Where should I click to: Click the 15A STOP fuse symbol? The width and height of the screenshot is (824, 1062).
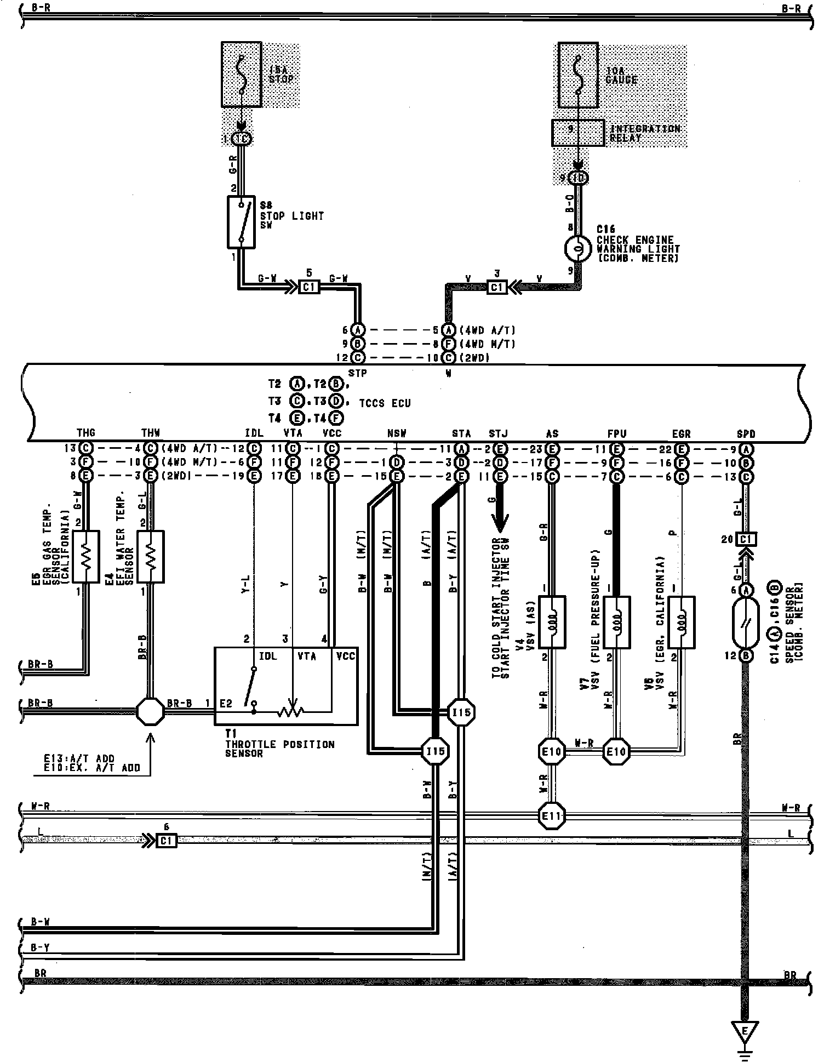242,74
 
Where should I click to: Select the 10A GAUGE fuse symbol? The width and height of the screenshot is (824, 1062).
578,75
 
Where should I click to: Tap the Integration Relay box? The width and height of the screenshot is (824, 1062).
578,133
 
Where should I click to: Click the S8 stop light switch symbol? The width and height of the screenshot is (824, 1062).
241,222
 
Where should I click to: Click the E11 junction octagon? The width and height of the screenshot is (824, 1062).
552,815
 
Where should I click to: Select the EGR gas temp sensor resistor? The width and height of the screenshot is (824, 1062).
85,556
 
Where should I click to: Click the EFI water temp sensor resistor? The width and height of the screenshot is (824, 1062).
150,556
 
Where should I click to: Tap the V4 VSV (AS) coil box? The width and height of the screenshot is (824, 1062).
552,623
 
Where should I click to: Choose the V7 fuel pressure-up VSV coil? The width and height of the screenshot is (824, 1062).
616,623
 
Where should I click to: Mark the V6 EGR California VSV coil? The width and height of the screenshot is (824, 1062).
681,623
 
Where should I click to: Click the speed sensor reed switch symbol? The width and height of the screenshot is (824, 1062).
746,623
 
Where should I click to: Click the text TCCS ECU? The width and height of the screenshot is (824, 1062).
385,403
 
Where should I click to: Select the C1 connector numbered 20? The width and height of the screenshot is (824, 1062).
746,539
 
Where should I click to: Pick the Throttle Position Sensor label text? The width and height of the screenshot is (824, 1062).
279,749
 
